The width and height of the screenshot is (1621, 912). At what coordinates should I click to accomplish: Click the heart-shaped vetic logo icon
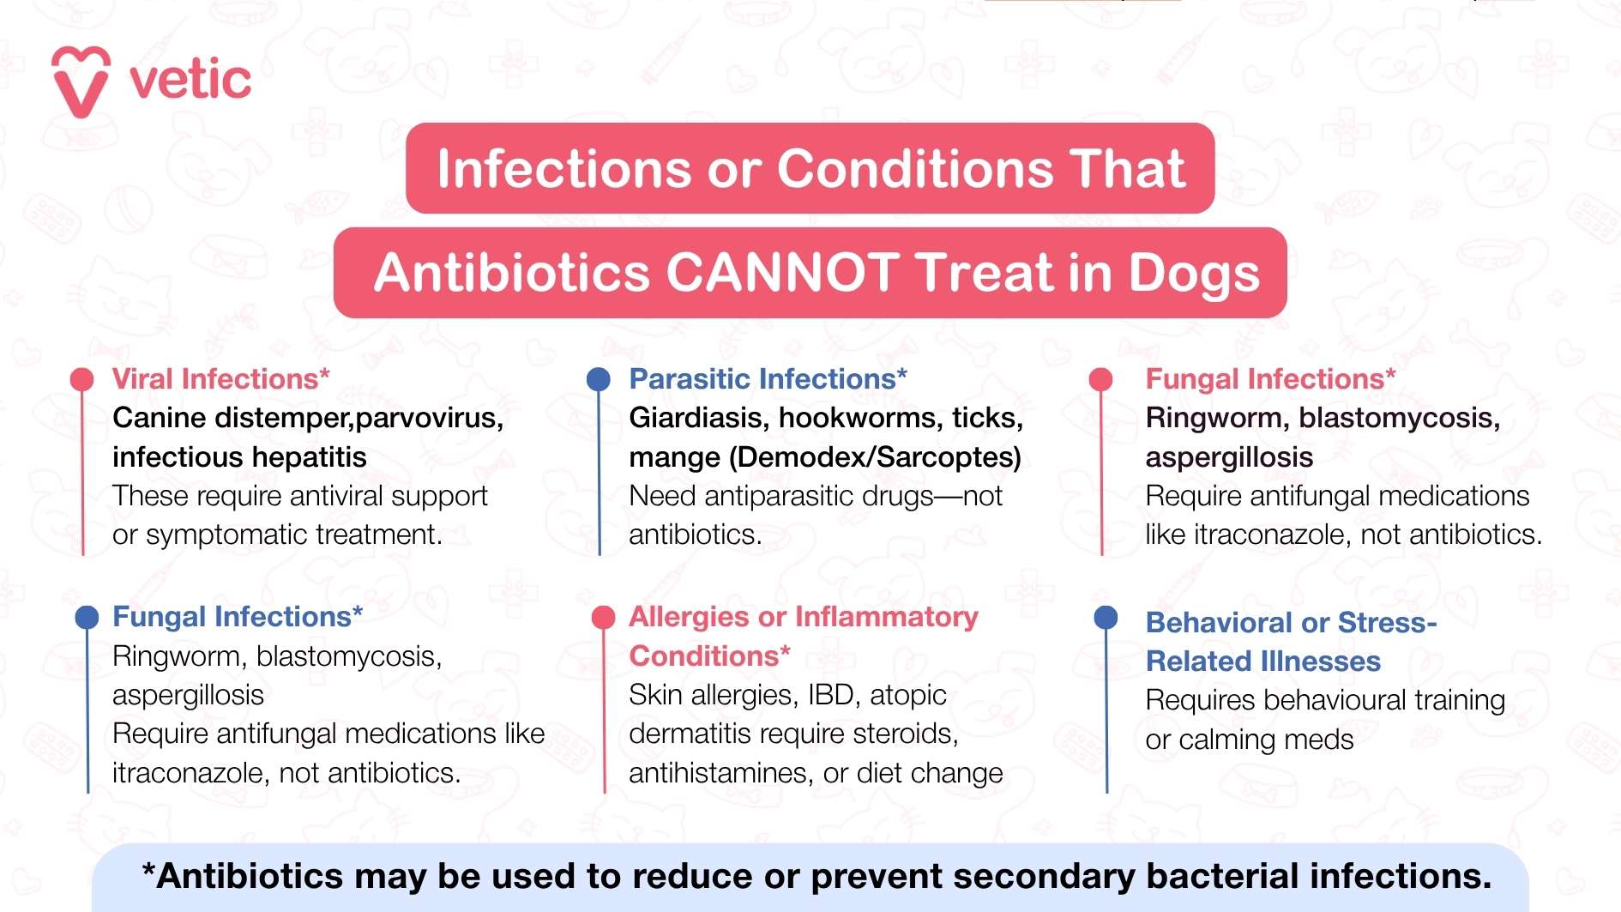click(81, 81)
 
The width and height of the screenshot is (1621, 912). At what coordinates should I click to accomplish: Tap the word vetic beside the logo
click(190, 80)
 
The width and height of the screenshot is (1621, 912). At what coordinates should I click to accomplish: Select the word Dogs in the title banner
click(1193, 273)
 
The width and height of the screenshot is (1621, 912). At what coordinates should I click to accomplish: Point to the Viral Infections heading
click(220, 379)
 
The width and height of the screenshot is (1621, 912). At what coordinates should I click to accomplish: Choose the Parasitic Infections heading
click(768, 379)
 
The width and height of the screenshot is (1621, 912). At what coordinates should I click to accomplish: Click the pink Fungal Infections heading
click(1270, 379)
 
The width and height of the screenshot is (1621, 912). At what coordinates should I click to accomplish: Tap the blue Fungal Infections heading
click(237, 617)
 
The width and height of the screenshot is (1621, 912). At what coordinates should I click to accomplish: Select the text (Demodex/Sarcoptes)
click(875, 457)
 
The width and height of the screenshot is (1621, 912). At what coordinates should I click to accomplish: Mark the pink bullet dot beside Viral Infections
click(81, 379)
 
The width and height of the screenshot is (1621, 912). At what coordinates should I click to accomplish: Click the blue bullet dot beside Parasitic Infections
click(598, 378)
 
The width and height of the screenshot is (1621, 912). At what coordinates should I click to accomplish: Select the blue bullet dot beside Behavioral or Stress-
click(1106, 617)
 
